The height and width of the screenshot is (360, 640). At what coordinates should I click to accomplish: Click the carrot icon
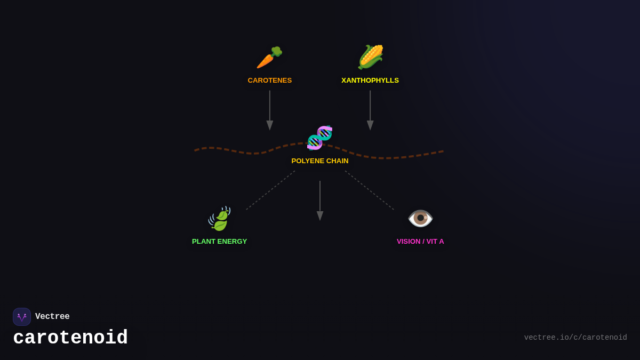269,58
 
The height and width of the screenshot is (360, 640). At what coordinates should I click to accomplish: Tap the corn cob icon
370,57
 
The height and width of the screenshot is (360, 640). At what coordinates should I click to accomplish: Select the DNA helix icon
319,138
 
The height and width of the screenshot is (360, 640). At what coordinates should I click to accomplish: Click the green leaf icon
220,219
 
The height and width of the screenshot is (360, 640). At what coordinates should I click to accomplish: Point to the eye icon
420,218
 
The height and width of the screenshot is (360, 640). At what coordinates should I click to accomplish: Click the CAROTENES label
270,81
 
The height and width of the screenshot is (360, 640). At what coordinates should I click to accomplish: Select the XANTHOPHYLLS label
370,81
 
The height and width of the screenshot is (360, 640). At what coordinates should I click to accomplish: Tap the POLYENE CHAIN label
320,161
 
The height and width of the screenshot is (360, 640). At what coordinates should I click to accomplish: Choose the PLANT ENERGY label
220,242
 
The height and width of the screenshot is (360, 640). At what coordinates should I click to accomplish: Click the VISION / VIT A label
420,242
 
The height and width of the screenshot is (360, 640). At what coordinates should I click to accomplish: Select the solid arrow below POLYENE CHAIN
320,201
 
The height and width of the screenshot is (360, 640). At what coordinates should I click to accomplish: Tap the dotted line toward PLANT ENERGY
270,190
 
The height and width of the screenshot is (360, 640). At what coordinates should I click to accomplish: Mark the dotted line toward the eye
370,190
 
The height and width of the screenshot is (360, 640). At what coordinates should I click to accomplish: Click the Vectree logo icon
22,317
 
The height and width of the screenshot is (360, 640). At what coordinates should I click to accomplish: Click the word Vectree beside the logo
52,317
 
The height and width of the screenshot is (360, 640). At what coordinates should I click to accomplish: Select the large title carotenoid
70,338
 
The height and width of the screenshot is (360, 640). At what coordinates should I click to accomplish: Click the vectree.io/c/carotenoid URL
575,338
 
